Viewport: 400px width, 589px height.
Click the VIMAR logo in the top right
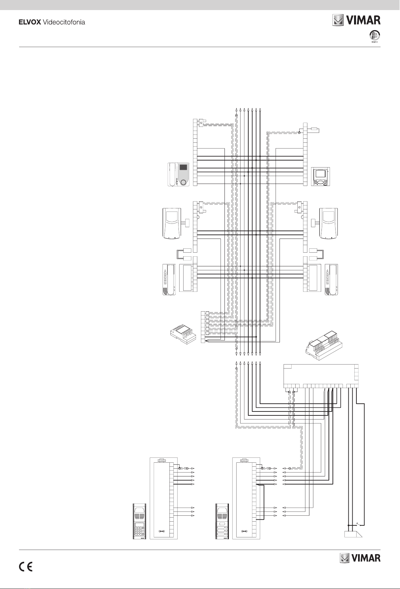356,20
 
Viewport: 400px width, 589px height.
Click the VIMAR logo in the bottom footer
360,558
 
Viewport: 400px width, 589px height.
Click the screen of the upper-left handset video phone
183,168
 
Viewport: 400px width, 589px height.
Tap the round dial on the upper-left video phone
183,182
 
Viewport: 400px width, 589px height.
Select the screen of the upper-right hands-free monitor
319,174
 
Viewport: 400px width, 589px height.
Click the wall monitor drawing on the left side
172,224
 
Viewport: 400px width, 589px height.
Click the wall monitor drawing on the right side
329,224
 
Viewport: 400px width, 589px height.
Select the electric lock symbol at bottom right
353,534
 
